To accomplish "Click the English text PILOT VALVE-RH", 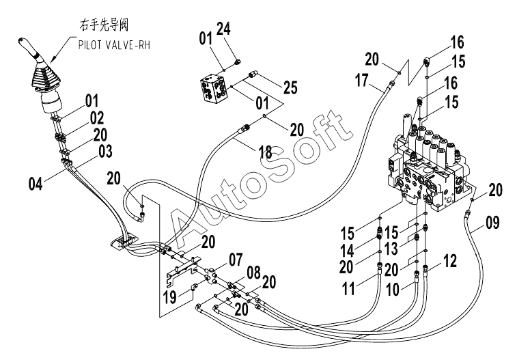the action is tap(114, 45).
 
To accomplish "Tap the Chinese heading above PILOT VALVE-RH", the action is tap(104, 25).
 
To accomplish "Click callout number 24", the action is tap(223, 29).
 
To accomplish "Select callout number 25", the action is tap(290, 87).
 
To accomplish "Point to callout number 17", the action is tap(362, 80).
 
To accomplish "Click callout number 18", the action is tap(265, 152).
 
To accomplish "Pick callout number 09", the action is tap(492, 223).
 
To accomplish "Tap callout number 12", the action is tap(450, 261).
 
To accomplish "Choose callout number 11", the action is tap(348, 289).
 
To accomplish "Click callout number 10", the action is tap(393, 290).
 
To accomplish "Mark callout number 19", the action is tap(170, 297).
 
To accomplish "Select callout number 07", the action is tap(236, 260).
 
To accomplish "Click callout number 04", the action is tap(36, 184).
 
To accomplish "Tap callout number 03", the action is tap(105, 151).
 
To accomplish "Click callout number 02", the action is tap(97, 117).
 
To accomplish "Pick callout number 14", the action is tap(347, 251).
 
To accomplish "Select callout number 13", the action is tap(392, 248).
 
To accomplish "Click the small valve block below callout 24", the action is tap(214, 89).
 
